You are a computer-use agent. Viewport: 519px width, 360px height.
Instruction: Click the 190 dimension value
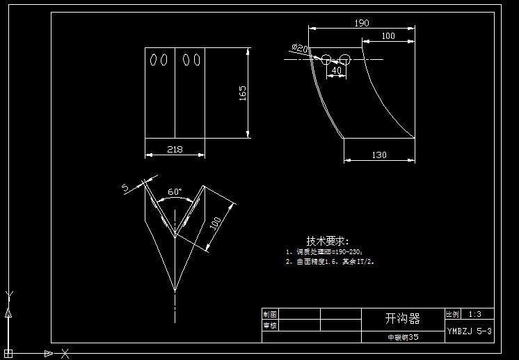pyautogui.click(x=362, y=23)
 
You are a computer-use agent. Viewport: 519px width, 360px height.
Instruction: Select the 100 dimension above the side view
pyautogui.click(x=388, y=36)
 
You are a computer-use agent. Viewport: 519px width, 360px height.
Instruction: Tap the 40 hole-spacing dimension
pyautogui.click(x=337, y=70)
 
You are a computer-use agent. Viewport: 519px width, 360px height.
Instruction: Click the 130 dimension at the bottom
pyautogui.click(x=379, y=155)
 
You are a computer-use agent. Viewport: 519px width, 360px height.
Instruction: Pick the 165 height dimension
pyautogui.click(x=243, y=93)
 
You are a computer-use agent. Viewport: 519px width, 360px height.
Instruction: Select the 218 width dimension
pyautogui.click(x=175, y=149)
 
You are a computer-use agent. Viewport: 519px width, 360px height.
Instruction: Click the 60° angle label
pyautogui.click(x=175, y=191)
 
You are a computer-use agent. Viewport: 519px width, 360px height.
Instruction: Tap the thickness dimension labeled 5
pyautogui.click(x=125, y=187)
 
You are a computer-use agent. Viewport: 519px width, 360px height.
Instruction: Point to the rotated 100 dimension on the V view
pyautogui.click(x=216, y=223)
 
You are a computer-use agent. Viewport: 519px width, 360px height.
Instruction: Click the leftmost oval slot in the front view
pyautogui.click(x=153, y=60)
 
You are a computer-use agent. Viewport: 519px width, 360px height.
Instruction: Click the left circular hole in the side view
pyautogui.click(x=326, y=59)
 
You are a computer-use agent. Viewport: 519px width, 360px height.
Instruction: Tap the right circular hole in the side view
pyautogui.click(x=344, y=59)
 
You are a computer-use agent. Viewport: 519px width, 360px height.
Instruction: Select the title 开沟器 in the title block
pyautogui.click(x=403, y=319)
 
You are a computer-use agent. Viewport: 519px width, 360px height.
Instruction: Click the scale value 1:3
pyautogui.click(x=475, y=314)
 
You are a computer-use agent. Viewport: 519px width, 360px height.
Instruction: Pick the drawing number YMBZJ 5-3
pyautogui.click(x=470, y=331)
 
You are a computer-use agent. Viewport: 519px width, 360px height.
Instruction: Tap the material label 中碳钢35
pyautogui.click(x=403, y=337)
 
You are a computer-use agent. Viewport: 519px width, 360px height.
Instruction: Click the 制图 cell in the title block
pyautogui.click(x=270, y=314)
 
